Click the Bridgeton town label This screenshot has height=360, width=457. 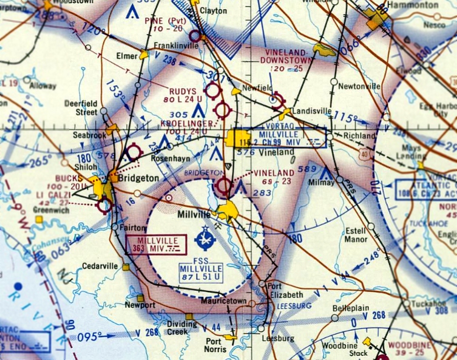(140, 178)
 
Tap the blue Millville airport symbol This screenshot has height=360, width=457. (205, 239)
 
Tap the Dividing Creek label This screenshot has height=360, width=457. (183, 328)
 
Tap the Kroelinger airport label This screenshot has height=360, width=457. (186, 124)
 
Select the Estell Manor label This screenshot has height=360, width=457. (356, 235)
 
